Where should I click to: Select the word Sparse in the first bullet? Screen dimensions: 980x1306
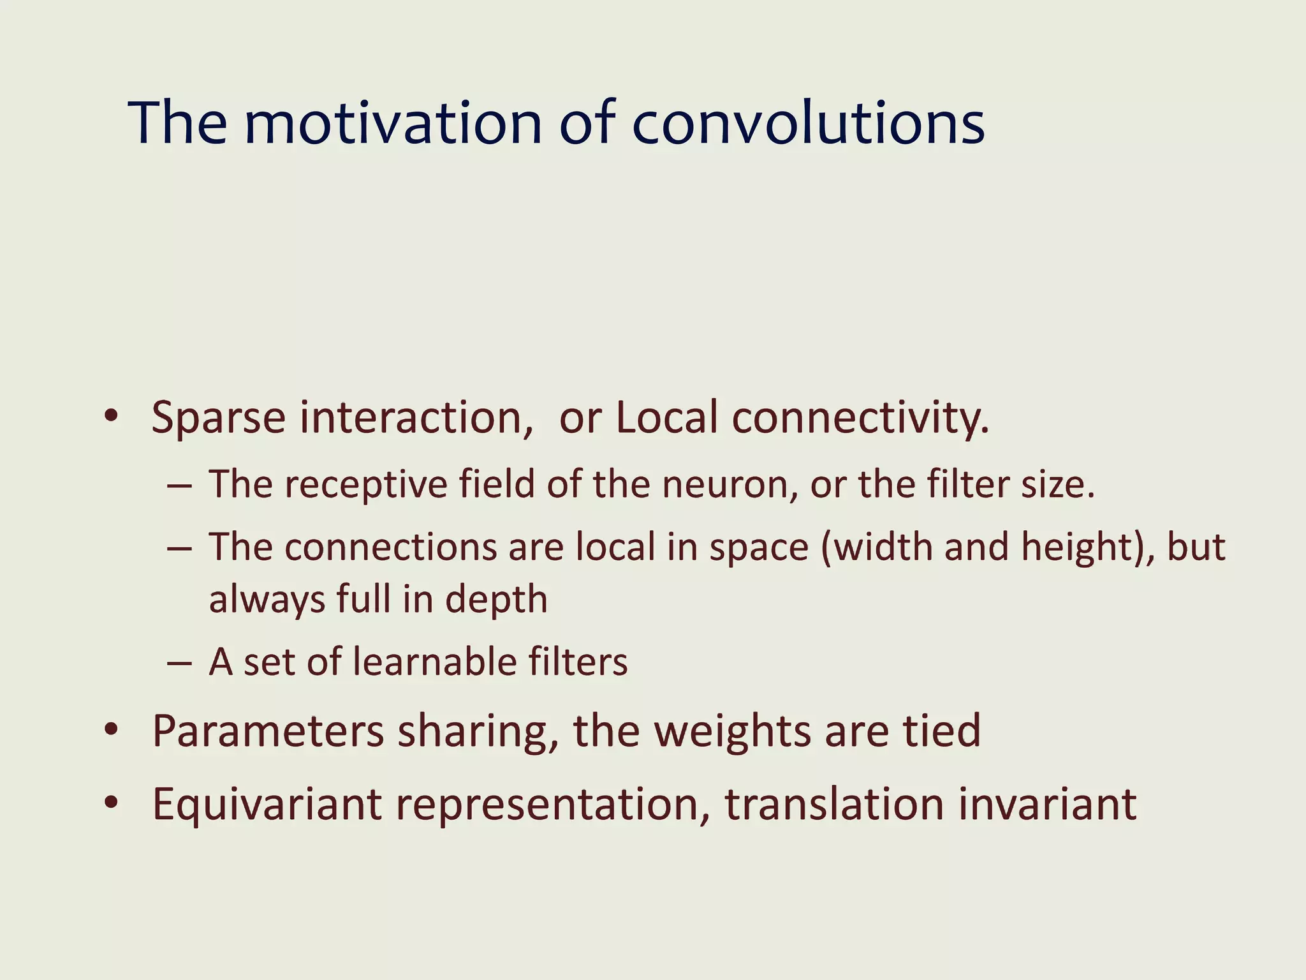pyautogui.click(x=218, y=419)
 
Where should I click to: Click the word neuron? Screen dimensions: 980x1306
pyautogui.click(x=730, y=486)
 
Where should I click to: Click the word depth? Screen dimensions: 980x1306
pyautogui.click(x=496, y=600)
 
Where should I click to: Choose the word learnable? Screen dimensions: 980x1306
pyautogui.click(x=434, y=662)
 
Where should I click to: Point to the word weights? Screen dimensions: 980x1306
pyautogui.click(x=733, y=732)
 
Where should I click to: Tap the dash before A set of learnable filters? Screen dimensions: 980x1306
pyautogui.click(x=179, y=663)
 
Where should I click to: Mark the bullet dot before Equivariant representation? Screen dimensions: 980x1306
pyautogui.click(x=112, y=803)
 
